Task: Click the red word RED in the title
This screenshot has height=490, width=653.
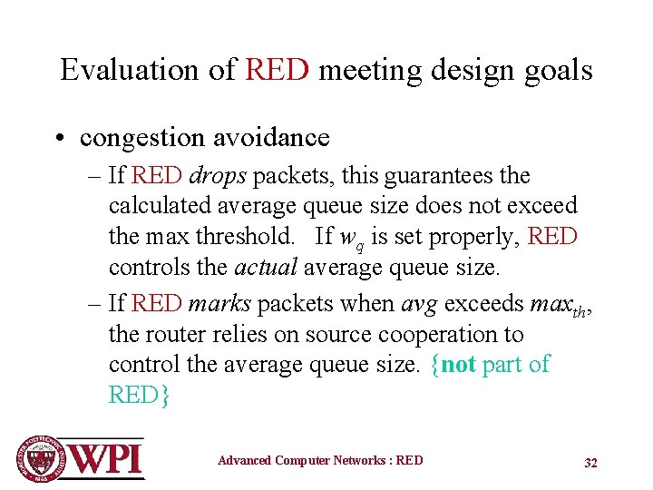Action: [x=278, y=70]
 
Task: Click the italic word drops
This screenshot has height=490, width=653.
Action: [x=218, y=175]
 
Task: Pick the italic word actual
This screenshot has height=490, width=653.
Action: [x=267, y=268]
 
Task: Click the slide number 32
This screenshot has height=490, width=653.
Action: [x=590, y=463]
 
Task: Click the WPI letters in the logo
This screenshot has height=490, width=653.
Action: [x=107, y=458]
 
